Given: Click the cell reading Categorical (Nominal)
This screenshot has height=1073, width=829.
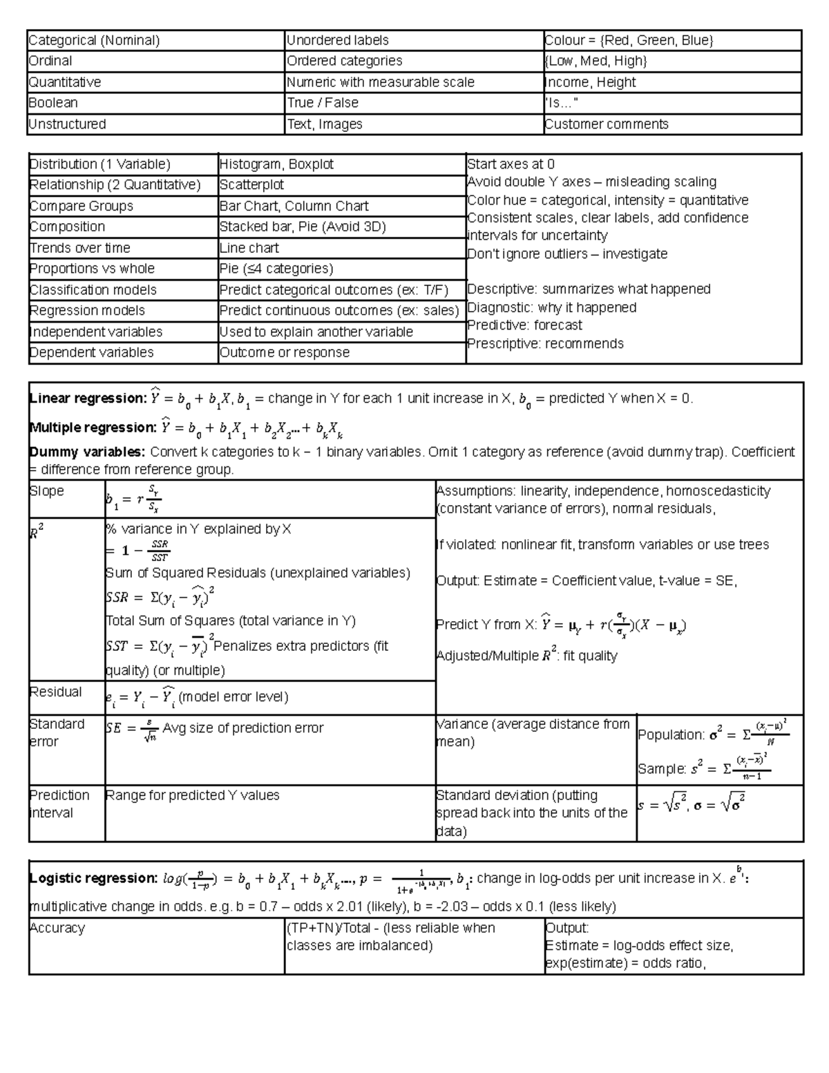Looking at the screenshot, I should pos(94,41).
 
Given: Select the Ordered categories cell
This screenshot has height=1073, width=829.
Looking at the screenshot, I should pos(344,61).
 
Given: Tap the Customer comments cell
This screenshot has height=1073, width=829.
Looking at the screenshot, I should pos(606,124).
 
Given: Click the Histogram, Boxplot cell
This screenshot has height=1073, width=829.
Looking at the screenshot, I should pos(276,164).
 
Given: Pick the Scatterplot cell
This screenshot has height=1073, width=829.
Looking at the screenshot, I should pos(251,185).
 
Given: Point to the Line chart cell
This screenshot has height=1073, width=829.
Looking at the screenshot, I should pos(249,248).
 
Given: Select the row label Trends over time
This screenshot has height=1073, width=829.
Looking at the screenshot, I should pos(79,248).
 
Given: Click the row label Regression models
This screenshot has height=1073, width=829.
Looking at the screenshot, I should pos(87,311).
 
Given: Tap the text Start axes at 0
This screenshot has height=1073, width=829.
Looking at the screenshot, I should pos(511,164).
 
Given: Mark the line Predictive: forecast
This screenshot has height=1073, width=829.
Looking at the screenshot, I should pos(524,325).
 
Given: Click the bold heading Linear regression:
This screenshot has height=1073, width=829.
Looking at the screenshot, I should pos(88,399).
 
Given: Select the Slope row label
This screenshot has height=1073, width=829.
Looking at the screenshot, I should pos(46,491).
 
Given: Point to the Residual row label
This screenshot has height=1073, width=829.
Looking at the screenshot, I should pos(55,692).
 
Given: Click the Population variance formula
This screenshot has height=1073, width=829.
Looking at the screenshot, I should pos(713,734).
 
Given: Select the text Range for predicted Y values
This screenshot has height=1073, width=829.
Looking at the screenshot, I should pos(192,796).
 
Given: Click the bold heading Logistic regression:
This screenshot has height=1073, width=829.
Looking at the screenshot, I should pos(93,879).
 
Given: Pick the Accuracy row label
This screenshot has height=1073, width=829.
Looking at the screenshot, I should pos(57,929).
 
